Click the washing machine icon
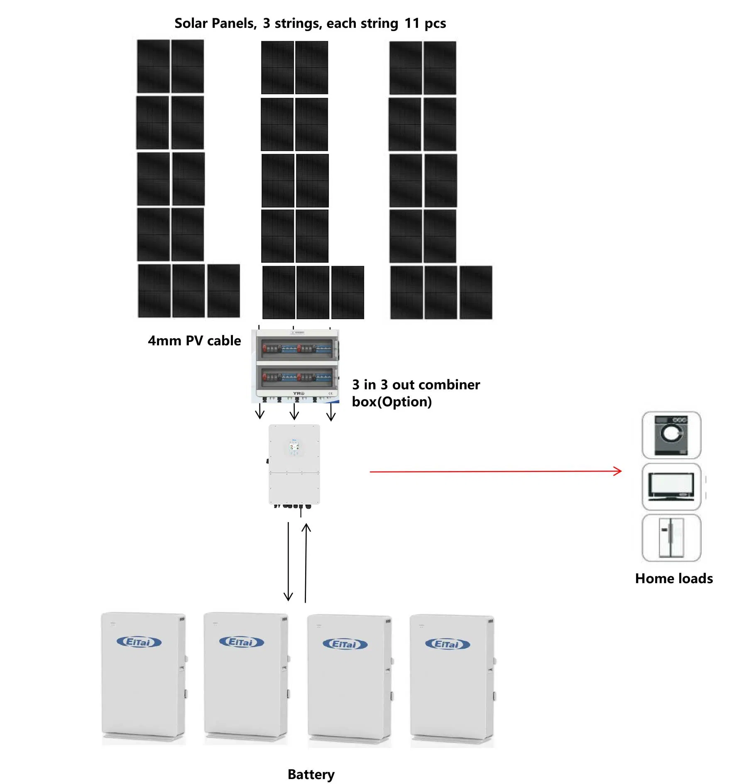pyautogui.click(x=671, y=435)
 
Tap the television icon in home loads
pyautogui.click(x=671, y=486)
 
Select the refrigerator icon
pyautogui.click(x=671, y=537)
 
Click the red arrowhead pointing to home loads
pyautogui.click(x=618, y=471)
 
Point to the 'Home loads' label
pyautogui.click(x=673, y=578)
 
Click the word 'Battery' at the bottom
pyautogui.click(x=311, y=774)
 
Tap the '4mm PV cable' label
pyautogui.click(x=194, y=341)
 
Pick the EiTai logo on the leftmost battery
pyautogui.click(x=139, y=642)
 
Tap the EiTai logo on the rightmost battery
pyautogui.click(x=447, y=644)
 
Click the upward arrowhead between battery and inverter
pyautogui.click(x=306, y=528)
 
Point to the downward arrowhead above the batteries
pyautogui.click(x=288, y=597)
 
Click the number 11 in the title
pyautogui.click(x=412, y=23)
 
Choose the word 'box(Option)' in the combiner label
pyautogui.click(x=391, y=402)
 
